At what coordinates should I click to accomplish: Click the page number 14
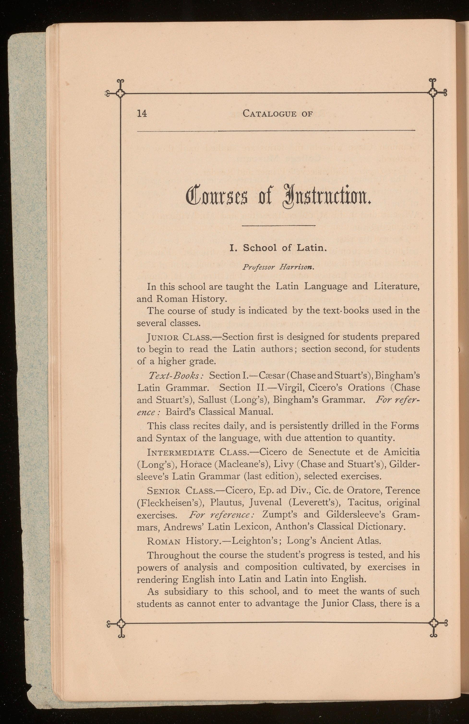142,113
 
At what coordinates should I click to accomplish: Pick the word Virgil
290,388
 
